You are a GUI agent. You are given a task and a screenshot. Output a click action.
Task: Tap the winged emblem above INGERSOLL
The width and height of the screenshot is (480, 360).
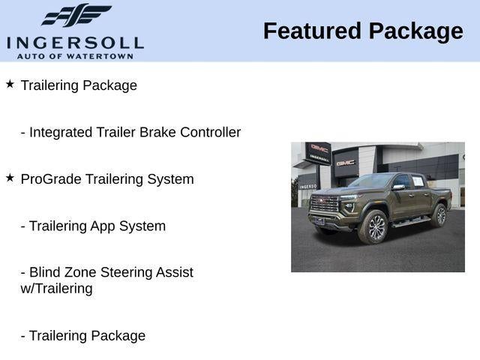tap(75, 15)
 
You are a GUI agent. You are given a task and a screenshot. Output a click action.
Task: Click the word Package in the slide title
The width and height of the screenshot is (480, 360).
tap(415, 31)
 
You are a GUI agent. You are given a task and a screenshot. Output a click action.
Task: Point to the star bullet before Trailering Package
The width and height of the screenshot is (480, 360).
tap(10, 84)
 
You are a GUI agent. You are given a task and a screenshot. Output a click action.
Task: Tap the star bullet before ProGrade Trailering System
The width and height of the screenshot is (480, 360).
tap(10, 178)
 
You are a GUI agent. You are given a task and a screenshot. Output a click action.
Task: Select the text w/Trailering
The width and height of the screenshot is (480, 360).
tap(57, 289)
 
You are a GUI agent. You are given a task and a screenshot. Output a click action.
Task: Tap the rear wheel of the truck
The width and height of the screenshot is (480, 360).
tap(439, 216)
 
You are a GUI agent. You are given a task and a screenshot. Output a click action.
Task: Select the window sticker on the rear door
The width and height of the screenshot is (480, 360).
tap(418, 182)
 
